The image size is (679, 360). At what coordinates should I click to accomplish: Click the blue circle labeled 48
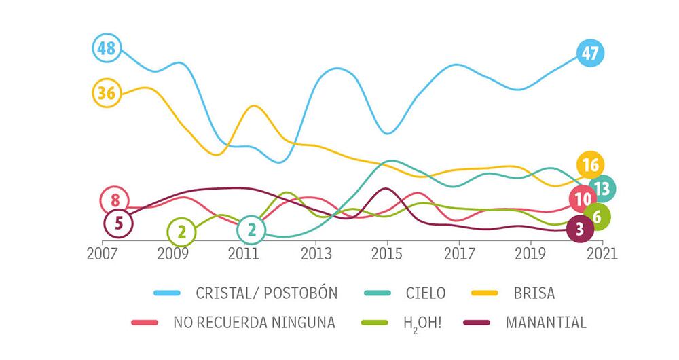(107, 48)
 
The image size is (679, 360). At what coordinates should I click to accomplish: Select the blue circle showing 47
(590, 54)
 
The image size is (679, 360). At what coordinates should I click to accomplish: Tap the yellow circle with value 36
(107, 93)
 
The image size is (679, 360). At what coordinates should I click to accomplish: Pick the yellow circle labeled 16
(590, 165)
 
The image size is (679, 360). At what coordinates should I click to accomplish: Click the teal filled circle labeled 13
(602, 188)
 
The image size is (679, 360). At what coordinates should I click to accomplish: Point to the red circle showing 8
(115, 200)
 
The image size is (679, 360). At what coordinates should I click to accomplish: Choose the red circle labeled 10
(583, 199)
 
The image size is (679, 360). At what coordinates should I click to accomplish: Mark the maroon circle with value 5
(119, 223)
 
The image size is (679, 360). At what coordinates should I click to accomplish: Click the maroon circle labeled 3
(579, 229)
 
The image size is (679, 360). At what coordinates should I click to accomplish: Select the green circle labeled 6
(596, 217)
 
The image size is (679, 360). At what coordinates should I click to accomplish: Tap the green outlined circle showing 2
(181, 232)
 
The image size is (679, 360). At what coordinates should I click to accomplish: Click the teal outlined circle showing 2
(251, 230)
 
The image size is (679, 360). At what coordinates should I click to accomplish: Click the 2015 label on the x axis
(387, 253)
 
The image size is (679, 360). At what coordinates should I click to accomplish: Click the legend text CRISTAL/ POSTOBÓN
(266, 293)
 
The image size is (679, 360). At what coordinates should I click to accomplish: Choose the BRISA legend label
(534, 293)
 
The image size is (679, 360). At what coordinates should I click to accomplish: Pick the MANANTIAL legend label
(546, 322)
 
